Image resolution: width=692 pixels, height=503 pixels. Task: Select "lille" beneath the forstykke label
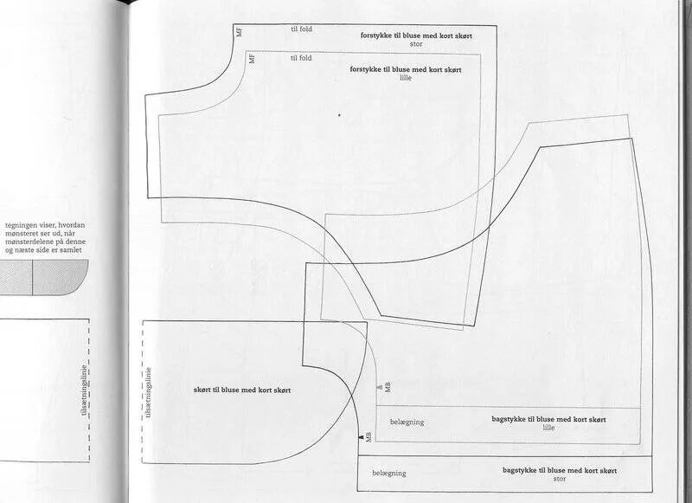click(x=406, y=77)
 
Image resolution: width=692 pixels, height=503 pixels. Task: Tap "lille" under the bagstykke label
click(x=548, y=427)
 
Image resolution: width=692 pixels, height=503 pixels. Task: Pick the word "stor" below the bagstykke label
click(x=559, y=478)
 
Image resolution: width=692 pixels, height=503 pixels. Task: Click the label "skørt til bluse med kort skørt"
click(x=242, y=390)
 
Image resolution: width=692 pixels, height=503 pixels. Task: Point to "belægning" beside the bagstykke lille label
click(x=407, y=422)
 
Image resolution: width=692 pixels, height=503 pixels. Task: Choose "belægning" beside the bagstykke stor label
click(x=388, y=474)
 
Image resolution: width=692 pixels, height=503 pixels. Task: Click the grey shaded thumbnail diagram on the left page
click(x=43, y=278)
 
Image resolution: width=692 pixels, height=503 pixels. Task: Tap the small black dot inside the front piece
click(x=339, y=114)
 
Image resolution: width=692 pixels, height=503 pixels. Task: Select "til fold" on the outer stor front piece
click(x=301, y=29)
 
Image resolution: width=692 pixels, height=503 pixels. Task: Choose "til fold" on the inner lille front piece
click(x=301, y=58)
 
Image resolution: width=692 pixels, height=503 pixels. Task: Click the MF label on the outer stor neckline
click(x=240, y=31)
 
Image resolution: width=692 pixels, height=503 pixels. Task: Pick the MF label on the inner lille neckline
click(x=252, y=59)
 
